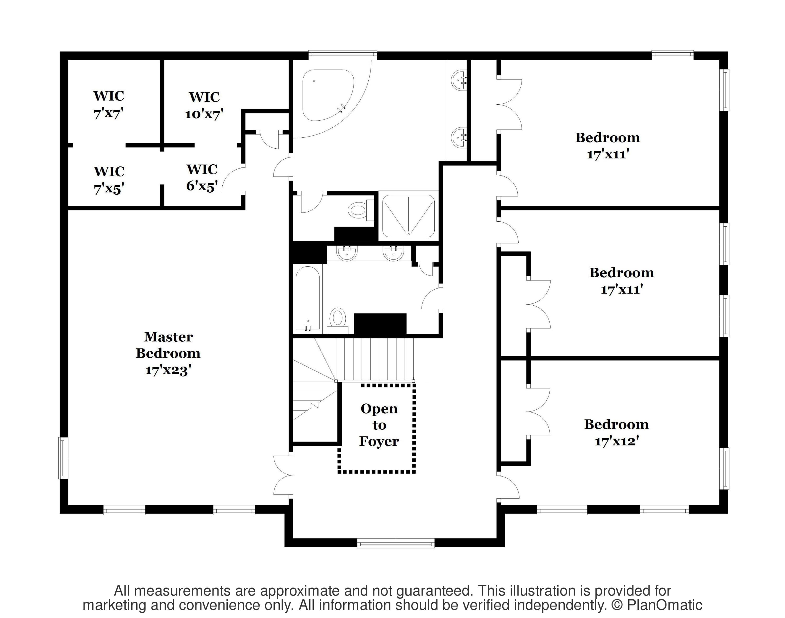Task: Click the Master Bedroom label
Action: (x=168, y=345)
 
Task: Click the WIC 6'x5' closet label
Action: (x=202, y=178)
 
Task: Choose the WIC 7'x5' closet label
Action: (x=109, y=180)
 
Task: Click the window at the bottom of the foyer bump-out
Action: (x=396, y=543)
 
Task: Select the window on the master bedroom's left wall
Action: (x=63, y=458)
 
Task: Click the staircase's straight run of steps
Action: (x=375, y=359)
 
